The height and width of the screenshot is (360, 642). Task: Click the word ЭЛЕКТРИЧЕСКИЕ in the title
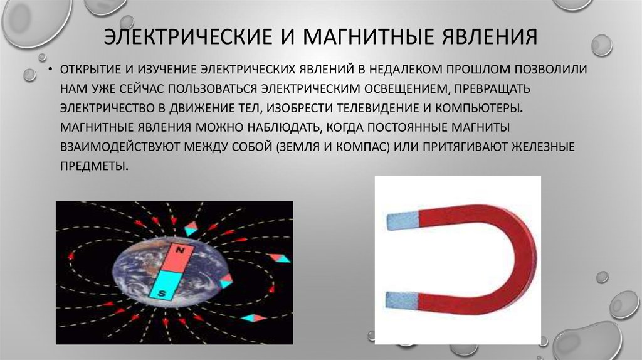[x=187, y=36]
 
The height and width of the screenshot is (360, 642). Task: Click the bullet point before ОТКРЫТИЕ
[x=50, y=70]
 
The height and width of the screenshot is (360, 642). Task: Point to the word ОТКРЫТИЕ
[x=91, y=70]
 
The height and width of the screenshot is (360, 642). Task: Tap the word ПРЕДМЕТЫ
[x=94, y=166]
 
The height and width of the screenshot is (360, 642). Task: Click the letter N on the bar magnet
[x=179, y=250]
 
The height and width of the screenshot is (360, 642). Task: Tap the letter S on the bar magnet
[x=162, y=294]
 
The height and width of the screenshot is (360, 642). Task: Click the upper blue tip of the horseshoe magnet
[x=403, y=221]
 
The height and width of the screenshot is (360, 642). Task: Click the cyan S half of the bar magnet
[x=165, y=285]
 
